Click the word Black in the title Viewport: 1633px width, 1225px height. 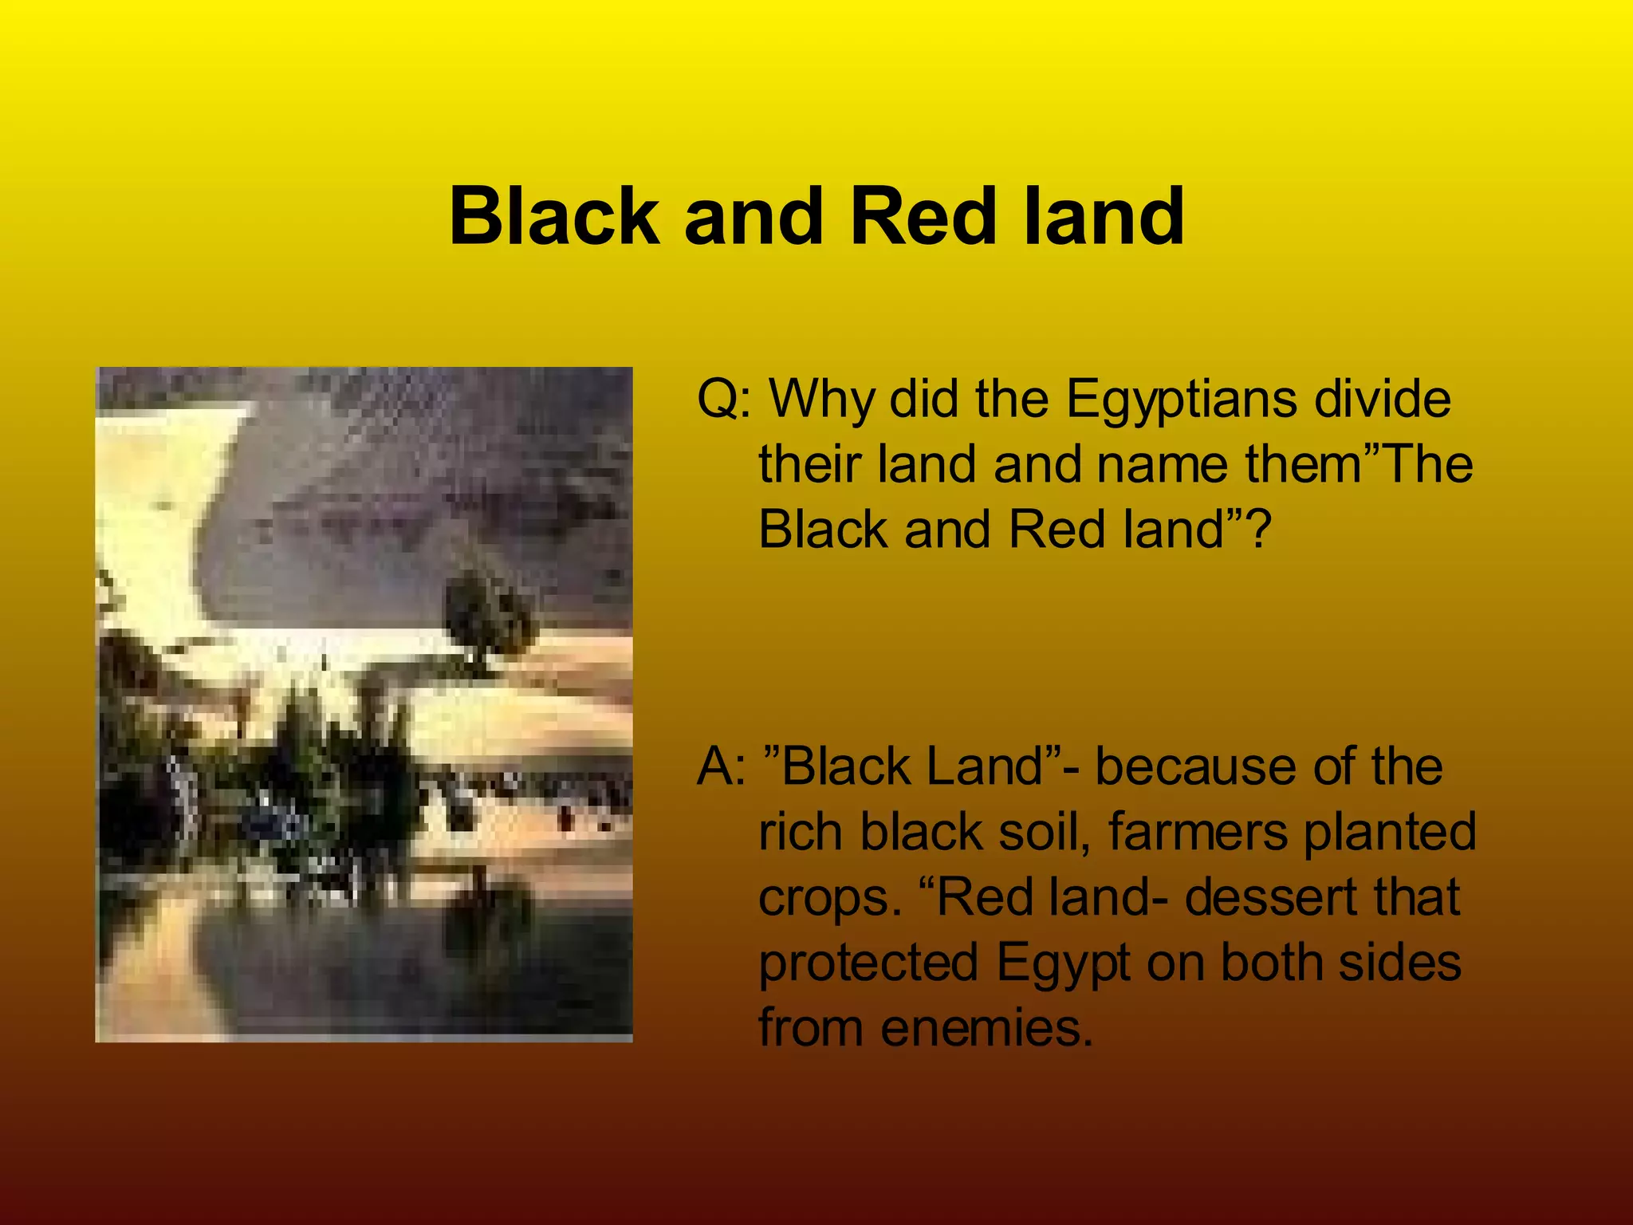(554, 216)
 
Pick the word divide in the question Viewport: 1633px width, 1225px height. (1382, 399)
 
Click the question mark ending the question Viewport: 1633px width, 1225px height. (1258, 530)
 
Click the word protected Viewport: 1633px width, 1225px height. (868, 963)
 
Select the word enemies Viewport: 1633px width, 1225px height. (986, 1029)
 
